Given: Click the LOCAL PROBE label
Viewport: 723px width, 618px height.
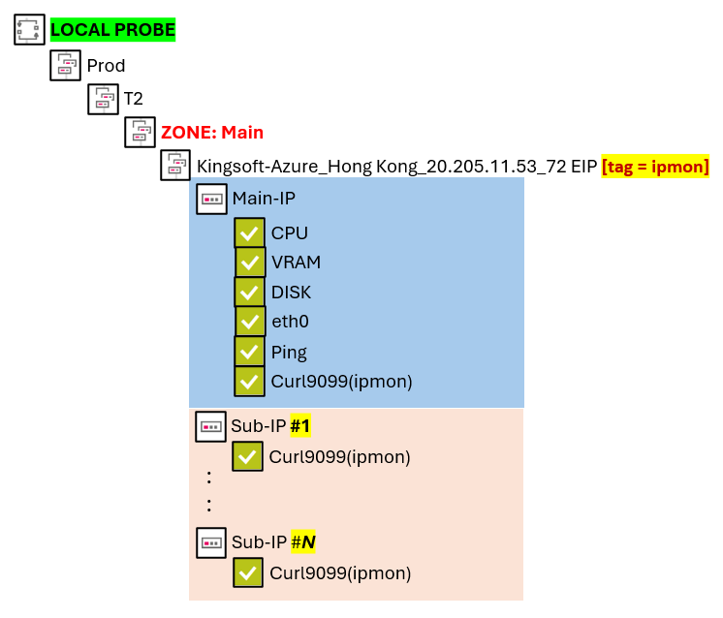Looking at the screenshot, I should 112,30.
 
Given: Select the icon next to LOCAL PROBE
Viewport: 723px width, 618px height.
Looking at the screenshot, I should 30,30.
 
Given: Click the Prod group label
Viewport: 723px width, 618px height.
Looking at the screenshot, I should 106,66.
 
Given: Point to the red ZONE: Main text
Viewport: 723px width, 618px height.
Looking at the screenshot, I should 212,133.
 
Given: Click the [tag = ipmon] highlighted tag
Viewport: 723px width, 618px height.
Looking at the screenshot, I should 655,167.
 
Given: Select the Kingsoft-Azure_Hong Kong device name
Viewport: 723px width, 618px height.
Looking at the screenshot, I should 396,167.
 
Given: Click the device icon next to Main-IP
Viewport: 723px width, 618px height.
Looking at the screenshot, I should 212,200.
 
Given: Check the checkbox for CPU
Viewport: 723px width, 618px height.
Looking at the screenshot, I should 249,233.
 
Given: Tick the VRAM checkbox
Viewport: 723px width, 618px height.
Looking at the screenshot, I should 250,263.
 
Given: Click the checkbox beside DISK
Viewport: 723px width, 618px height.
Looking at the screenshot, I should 249,293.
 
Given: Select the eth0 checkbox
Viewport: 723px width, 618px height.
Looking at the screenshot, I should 250,322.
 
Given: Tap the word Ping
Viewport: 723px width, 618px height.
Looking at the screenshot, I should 289,352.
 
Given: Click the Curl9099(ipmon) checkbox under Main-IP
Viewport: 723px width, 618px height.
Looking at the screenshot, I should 249,382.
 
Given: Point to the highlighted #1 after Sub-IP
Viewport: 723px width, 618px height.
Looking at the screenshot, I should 300,425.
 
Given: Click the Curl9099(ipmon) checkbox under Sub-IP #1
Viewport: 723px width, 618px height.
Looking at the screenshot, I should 247,456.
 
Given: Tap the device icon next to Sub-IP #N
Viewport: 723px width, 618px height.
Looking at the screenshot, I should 211,542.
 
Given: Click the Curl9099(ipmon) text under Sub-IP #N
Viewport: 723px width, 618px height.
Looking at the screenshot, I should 340,573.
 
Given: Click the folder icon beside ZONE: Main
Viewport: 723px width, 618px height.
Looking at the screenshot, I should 140,133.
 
